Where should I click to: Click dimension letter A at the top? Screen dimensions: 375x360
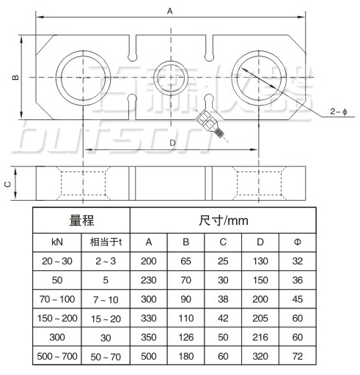[x=170, y=11]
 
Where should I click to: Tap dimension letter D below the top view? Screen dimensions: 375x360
[x=172, y=142]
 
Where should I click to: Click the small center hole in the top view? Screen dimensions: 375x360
[x=170, y=75]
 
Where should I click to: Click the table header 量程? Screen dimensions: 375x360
[x=82, y=220]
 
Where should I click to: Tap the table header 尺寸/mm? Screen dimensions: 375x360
[x=224, y=220]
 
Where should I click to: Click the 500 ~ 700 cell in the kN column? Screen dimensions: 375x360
[x=58, y=357]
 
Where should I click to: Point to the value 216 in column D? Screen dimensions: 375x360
[x=260, y=338]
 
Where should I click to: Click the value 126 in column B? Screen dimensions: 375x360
[x=186, y=338]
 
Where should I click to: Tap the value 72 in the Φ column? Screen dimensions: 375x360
[x=297, y=357]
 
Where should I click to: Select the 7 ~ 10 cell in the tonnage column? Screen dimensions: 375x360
[x=106, y=300]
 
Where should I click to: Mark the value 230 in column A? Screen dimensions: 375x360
[x=149, y=281]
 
